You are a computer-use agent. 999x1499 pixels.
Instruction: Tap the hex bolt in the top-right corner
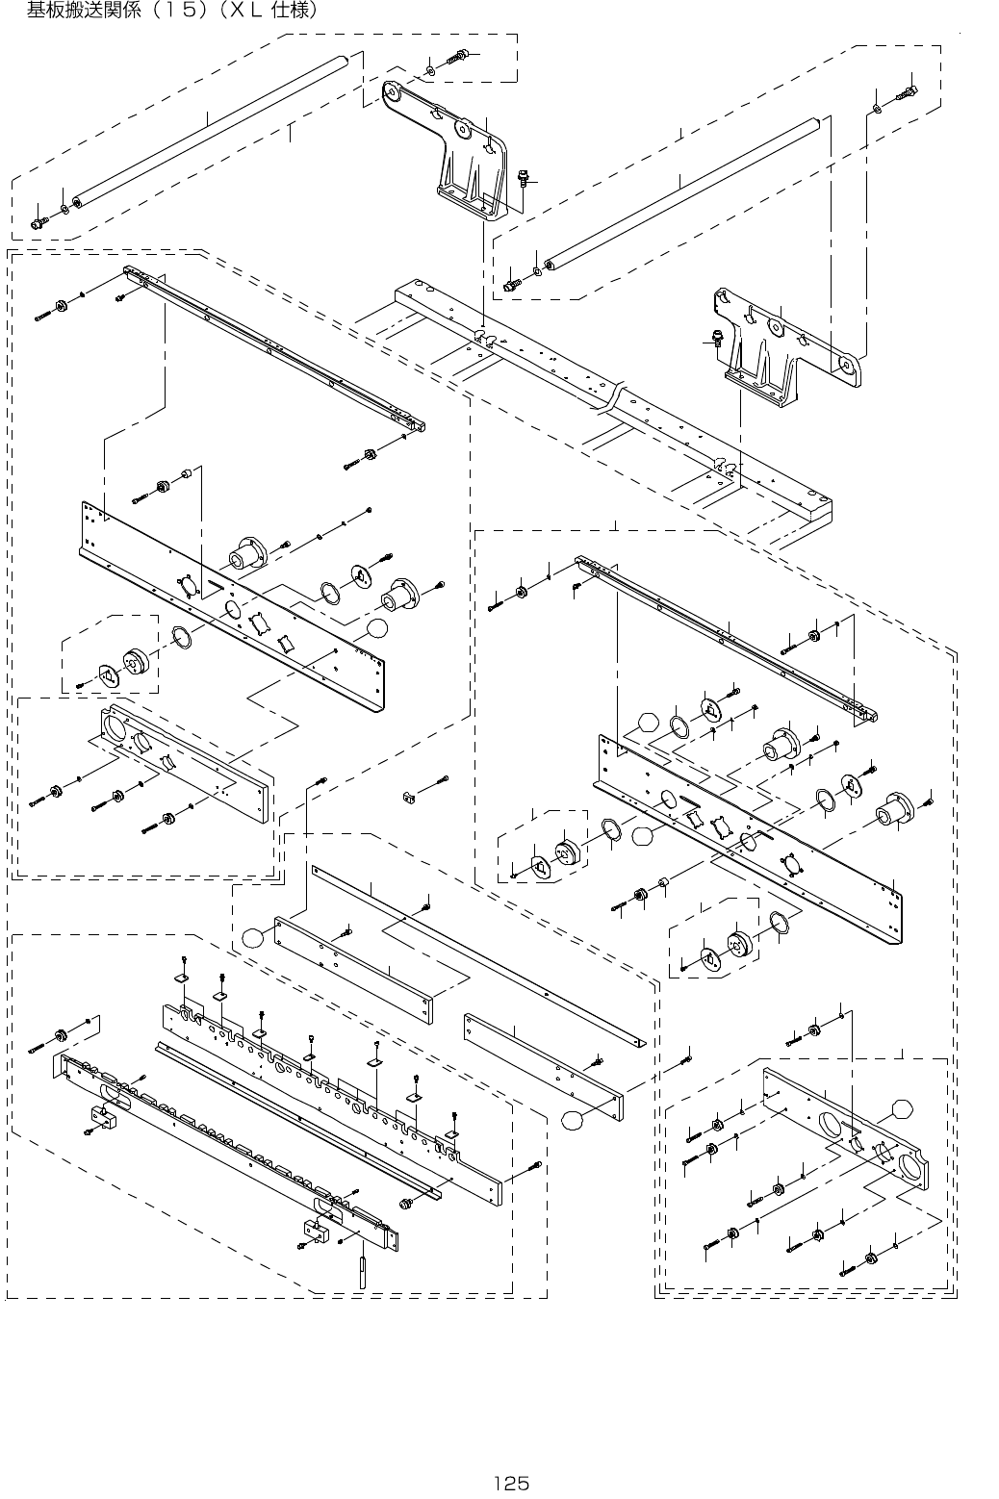pos(909,92)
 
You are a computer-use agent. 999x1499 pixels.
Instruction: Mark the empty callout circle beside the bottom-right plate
pos(901,1108)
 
